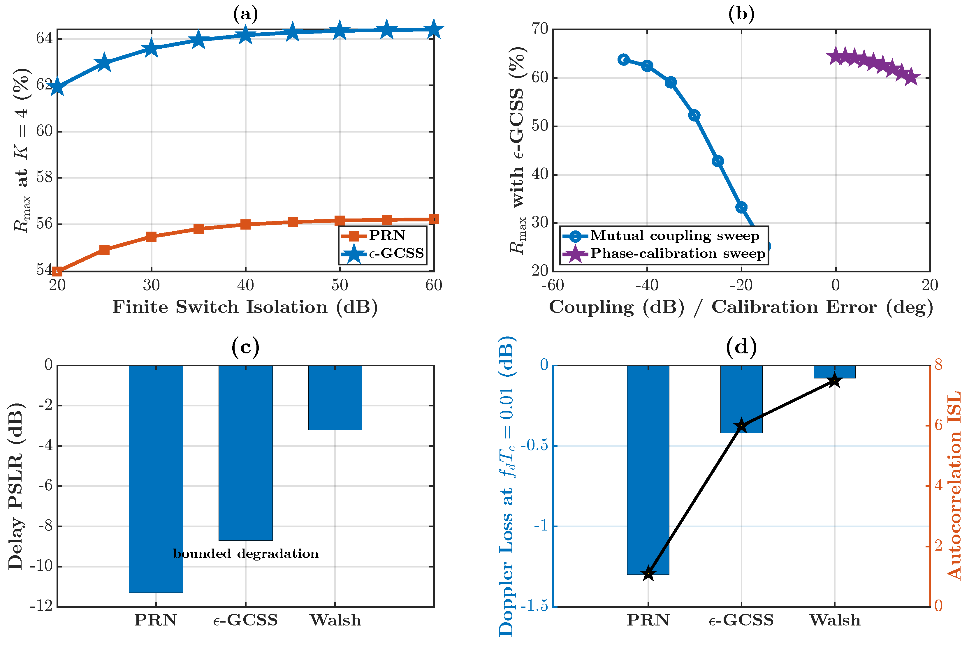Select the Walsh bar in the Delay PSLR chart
tap(335, 397)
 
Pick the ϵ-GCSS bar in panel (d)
tap(741, 399)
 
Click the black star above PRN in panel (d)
tap(648, 573)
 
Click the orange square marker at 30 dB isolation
tap(152, 237)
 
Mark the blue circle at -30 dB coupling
tap(694, 116)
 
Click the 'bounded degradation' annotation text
tap(246, 554)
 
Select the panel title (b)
tap(741, 14)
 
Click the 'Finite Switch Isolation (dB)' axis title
tap(245, 307)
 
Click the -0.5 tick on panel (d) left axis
tap(534, 446)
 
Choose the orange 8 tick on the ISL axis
tap(939, 364)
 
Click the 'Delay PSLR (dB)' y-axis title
tap(16, 486)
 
